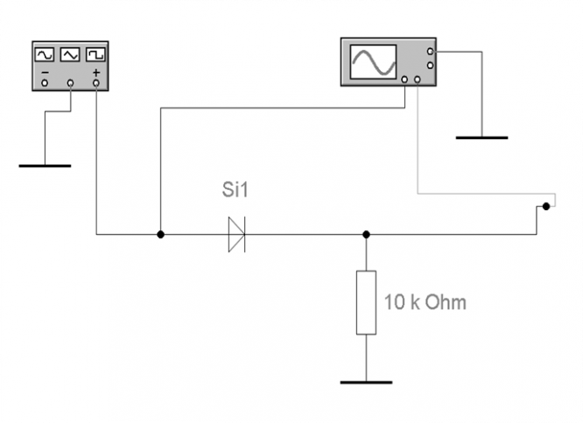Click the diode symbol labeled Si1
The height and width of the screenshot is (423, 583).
point(237,235)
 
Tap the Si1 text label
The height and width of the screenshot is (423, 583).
point(235,189)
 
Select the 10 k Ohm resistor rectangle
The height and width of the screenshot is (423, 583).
point(366,302)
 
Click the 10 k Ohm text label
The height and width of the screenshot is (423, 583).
point(425,302)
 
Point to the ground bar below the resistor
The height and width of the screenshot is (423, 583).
point(366,383)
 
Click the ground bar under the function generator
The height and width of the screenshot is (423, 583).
point(45,166)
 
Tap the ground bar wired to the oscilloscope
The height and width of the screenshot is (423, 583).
point(481,137)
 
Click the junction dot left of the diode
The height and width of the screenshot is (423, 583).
point(160,235)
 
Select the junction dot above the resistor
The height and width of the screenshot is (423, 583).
point(366,235)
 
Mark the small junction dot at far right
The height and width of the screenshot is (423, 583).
point(546,206)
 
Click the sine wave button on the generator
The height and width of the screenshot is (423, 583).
point(45,54)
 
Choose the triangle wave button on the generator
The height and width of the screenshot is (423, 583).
point(70,54)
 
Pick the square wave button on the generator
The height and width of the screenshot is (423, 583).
point(95,54)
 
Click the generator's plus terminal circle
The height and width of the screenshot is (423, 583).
point(96,83)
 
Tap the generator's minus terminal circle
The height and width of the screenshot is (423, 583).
point(45,83)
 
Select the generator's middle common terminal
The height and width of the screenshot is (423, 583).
point(70,83)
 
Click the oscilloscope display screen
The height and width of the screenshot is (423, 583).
point(373,62)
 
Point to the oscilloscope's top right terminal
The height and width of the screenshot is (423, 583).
point(430,52)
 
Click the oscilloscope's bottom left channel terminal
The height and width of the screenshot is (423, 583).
point(404,80)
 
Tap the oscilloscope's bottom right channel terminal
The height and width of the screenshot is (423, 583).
point(418,80)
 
